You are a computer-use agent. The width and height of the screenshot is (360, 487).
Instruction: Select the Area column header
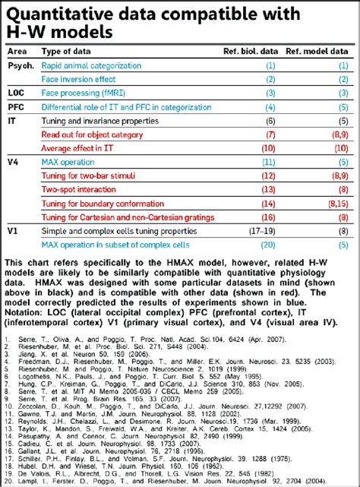(18, 51)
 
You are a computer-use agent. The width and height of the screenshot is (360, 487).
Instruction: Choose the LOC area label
(17, 93)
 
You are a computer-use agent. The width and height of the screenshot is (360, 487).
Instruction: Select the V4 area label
(14, 163)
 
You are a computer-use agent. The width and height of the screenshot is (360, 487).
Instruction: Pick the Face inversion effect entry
(78, 79)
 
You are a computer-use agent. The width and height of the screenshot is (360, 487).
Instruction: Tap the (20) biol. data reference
(268, 245)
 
